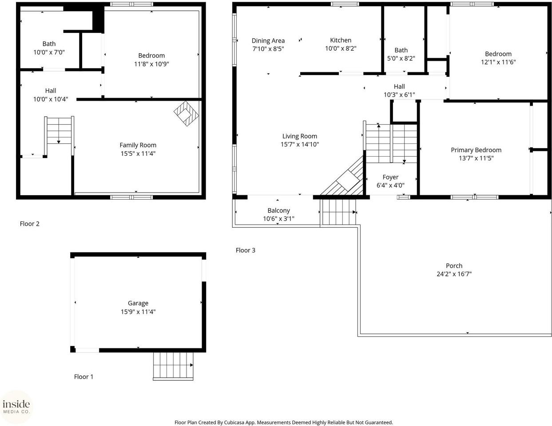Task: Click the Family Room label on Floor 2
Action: [x=138, y=145]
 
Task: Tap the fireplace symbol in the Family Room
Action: [x=187, y=114]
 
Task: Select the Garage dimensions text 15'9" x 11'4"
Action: [x=138, y=312]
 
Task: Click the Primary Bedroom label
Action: [x=476, y=150]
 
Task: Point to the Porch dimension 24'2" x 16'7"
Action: [x=454, y=274]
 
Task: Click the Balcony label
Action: [x=278, y=210]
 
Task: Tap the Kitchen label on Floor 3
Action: [x=341, y=40]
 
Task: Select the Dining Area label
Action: [x=268, y=41]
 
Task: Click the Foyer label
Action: [x=390, y=177]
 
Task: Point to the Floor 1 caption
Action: [x=83, y=377]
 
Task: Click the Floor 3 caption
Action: [x=245, y=250]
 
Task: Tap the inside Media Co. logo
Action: [x=16, y=406]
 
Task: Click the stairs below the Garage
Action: [x=173, y=366]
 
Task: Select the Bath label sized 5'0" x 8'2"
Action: [x=401, y=50]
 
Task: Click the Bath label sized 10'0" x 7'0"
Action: [x=49, y=43]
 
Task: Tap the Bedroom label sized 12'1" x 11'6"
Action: [x=498, y=54]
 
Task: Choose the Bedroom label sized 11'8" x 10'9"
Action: [x=151, y=55]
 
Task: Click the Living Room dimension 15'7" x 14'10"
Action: [x=300, y=144]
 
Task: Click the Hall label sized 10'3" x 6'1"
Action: [x=399, y=87]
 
